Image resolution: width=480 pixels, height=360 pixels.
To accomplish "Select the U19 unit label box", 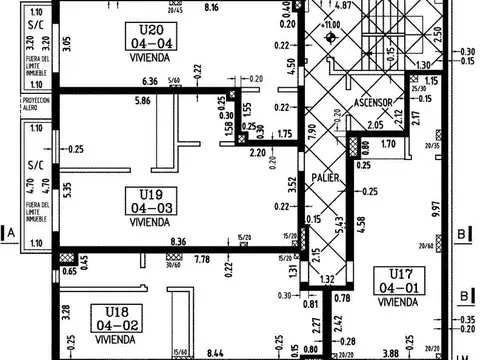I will pos(150,200).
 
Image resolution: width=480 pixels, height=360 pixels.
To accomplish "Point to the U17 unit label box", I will pos(398,280).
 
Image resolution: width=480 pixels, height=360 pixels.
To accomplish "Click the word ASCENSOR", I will pos(376,103).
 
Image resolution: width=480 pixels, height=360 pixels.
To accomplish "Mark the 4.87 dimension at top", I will pos(342,6).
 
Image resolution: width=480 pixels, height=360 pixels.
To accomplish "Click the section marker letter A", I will pos(11,234).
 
